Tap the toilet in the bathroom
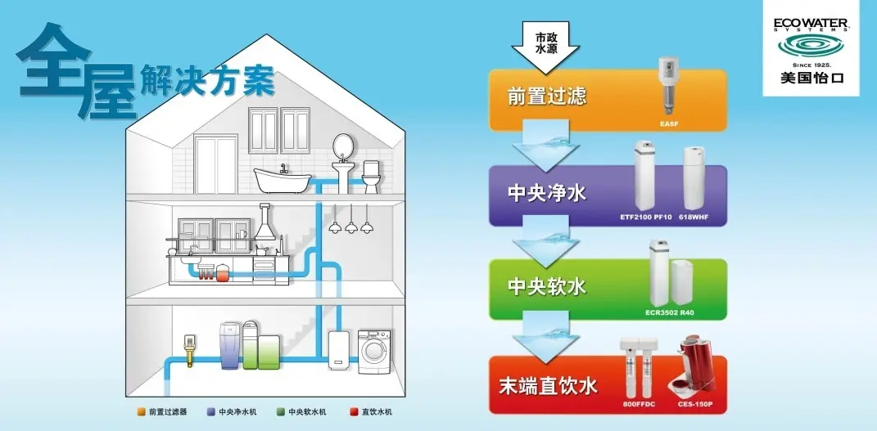click(x=373, y=175)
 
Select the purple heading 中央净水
click(x=547, y=193)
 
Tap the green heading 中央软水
click(x=547, y=287)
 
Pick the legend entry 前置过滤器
click(x=167, y=411)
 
